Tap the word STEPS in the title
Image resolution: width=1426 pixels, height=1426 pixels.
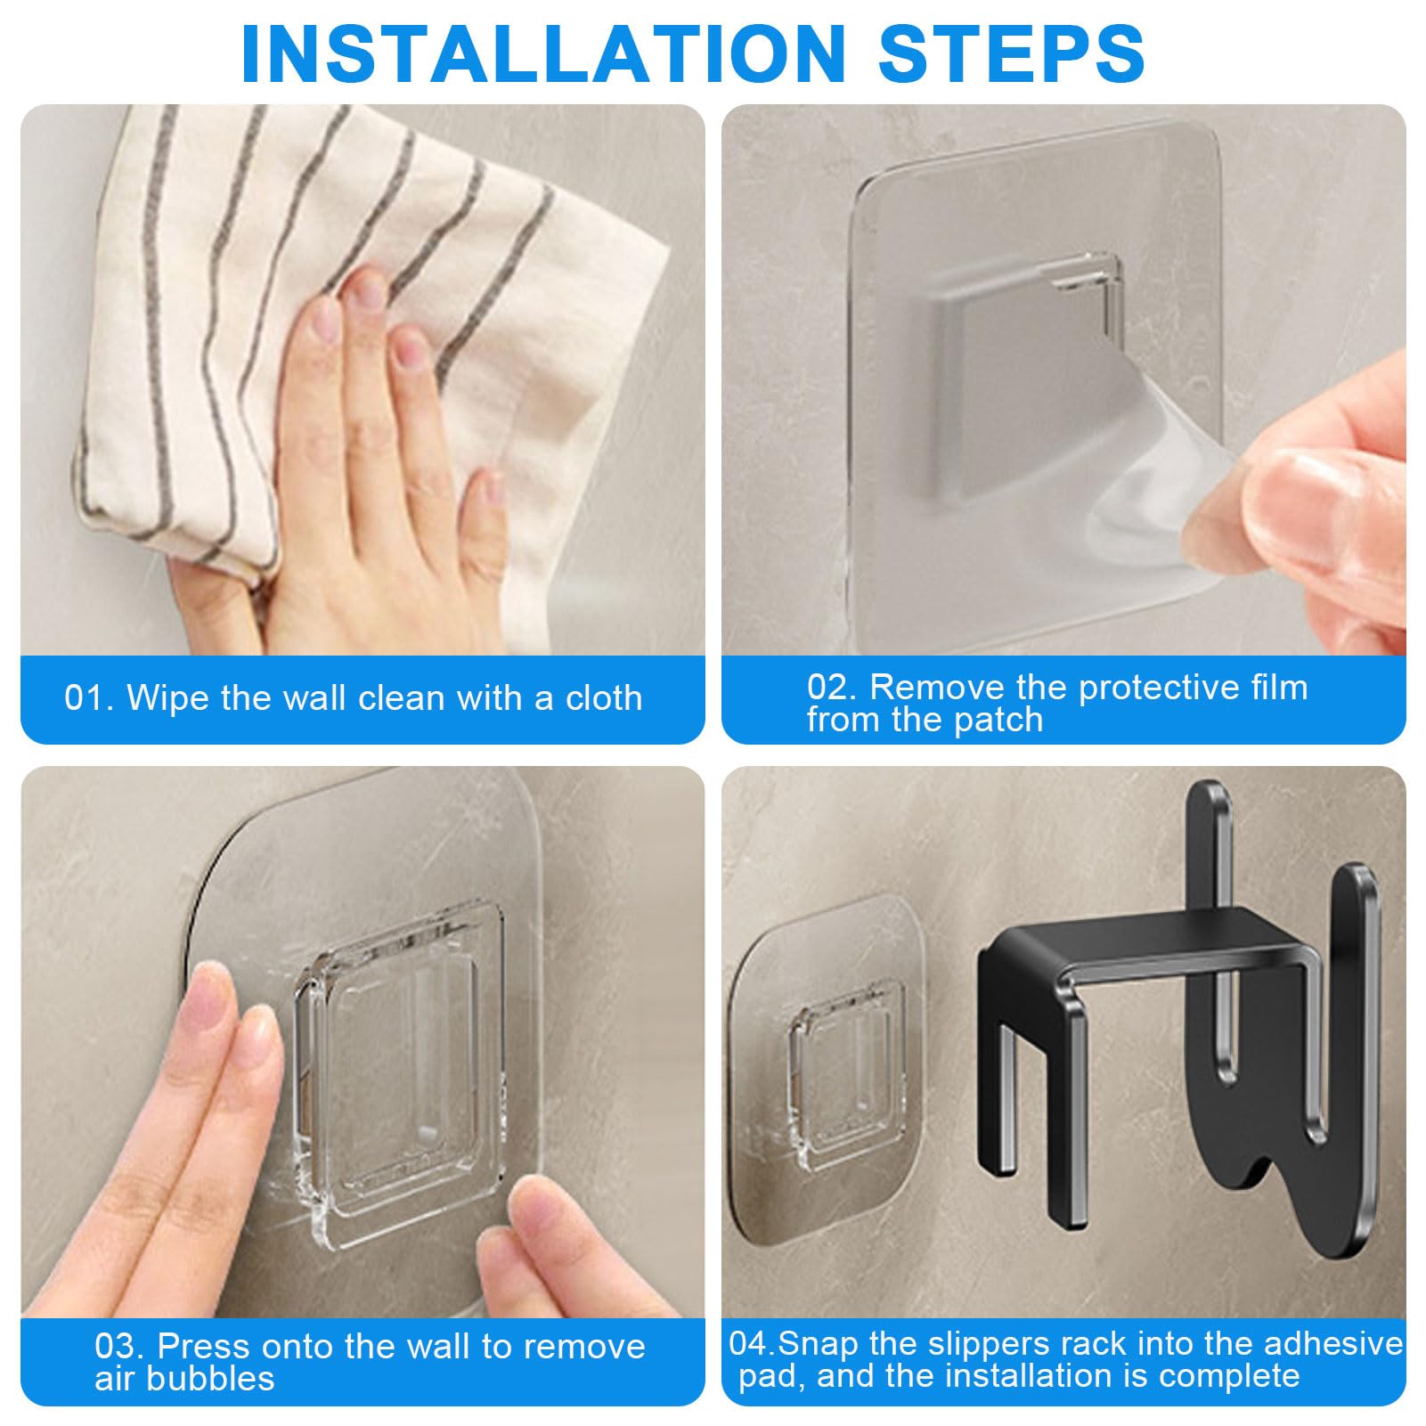[x=1012, y=53]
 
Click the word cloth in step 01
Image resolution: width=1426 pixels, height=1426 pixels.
[x=604, y=698]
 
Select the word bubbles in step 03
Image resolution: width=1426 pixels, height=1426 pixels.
[x=211, y=1378]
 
